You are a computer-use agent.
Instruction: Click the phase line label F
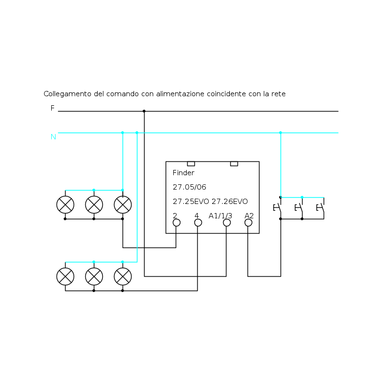point(53,108)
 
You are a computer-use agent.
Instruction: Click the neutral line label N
point(53,137)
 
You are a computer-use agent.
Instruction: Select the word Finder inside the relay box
point(183,173)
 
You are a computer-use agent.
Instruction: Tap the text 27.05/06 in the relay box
point(190,187)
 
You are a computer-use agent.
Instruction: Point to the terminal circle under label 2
point(176,223)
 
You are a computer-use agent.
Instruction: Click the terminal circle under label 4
point(198,223)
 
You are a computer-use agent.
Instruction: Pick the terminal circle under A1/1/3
point(226,223)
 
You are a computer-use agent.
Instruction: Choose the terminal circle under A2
point(248,223)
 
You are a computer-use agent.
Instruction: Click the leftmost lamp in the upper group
point(65,204)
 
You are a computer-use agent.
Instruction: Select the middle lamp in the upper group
point(94,204)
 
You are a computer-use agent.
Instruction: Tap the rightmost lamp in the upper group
point(123,204)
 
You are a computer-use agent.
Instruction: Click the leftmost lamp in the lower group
point(65,276)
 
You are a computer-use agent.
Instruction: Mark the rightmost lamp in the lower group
point(123,276)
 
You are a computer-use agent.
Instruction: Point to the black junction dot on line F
point(144,111)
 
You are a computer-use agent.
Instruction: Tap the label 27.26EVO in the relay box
point(230,202)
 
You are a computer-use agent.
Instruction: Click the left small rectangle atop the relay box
point(191,164)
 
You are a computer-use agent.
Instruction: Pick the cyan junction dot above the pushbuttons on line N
point(281,133)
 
